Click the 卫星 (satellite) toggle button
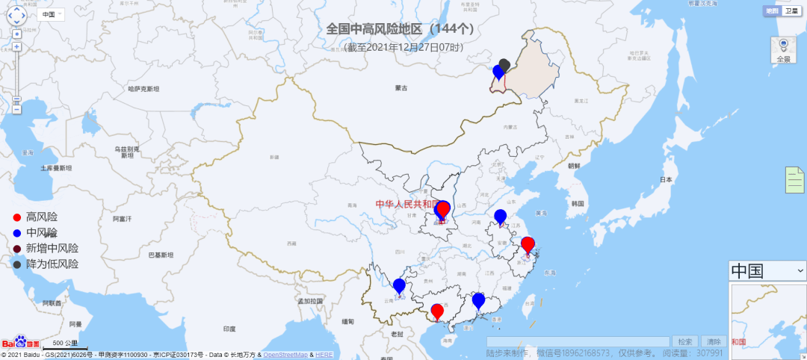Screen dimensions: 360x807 (791, 11)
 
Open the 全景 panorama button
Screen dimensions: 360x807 (783, 49)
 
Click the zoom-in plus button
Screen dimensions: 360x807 (16, 46)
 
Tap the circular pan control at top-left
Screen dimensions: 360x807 (16, 15)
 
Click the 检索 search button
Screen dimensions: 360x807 (685, 341)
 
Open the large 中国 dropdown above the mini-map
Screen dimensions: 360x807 (767, 270)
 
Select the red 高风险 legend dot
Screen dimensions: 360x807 (17, 217)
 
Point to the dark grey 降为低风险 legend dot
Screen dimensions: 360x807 (17, 264)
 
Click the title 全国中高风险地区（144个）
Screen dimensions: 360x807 (401, 29)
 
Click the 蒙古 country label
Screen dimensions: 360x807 (402, 88)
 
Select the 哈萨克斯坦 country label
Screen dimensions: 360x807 (143, 89)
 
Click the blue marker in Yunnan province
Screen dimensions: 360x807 (399, 286)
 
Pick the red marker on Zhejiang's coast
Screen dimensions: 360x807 (528, 244)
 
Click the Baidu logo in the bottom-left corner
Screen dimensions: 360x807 (20, 344)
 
